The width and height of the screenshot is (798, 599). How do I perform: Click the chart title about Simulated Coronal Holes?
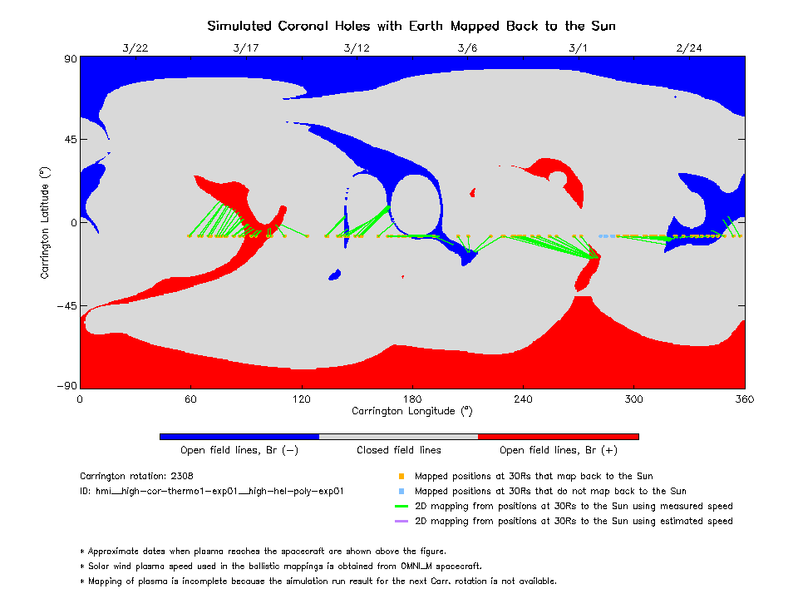coord(411,26)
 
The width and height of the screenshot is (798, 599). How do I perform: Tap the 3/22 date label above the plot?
coord(135,47)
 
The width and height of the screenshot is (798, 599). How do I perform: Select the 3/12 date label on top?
coord(357,47)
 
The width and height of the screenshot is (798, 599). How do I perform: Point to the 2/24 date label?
coord(689,47)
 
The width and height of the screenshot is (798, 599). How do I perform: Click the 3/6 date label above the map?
coord(467,47)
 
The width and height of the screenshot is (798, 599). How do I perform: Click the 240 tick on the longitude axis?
coord(523,399)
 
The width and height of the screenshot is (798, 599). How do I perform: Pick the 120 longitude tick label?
coord(301,399)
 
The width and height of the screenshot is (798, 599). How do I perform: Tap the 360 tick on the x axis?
coord(744,399)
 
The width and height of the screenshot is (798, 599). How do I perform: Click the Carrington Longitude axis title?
coord(411,411)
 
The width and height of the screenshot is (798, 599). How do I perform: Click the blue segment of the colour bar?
coord(239,436)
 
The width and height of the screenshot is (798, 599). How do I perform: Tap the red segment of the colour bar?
coord(558,436)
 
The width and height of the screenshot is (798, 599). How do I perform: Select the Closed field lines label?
coord(399,450)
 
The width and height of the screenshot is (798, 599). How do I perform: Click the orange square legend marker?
coord(401,477)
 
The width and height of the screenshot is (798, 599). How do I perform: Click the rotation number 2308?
coord(181,477)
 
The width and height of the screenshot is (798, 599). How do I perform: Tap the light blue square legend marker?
coord(401,492)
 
